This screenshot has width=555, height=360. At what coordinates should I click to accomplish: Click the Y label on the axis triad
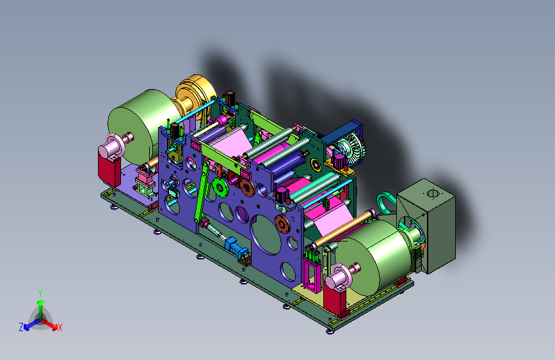[40, 293]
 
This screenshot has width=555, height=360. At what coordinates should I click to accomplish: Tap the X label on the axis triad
[60, 327]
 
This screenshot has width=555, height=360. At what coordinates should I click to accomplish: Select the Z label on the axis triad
[21, 327]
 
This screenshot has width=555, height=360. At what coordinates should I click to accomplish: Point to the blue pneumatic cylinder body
[236, 247]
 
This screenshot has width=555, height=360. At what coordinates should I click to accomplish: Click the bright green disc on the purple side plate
[220, 187]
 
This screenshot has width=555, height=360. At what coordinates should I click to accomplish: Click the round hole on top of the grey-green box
[433, 193]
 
